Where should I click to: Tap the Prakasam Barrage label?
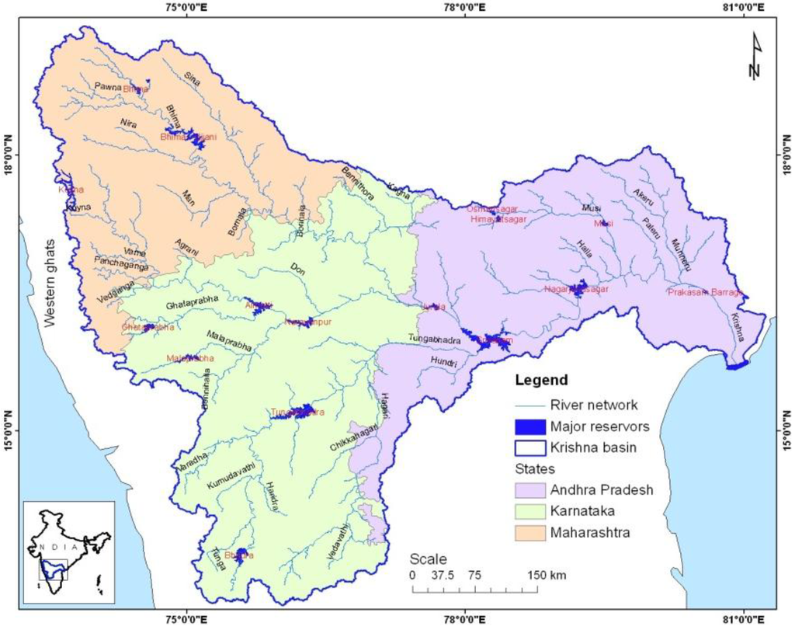(705, 292)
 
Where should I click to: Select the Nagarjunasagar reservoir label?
(575, 289)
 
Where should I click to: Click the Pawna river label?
(108, 87)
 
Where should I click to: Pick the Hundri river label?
(445, 363)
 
